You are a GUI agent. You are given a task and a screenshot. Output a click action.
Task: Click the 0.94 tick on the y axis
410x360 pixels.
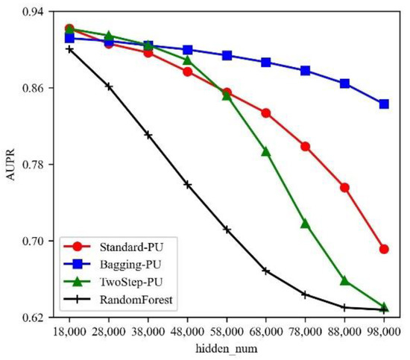point(28,12)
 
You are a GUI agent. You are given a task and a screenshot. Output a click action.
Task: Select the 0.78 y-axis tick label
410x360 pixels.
point(28,165)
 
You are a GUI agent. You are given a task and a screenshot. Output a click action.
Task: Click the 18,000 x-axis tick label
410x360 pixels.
point(69,329)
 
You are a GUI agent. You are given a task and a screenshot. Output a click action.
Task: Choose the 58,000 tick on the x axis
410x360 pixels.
point(227,329)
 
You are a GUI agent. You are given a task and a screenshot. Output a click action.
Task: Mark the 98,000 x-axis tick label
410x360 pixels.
point(384,329)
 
